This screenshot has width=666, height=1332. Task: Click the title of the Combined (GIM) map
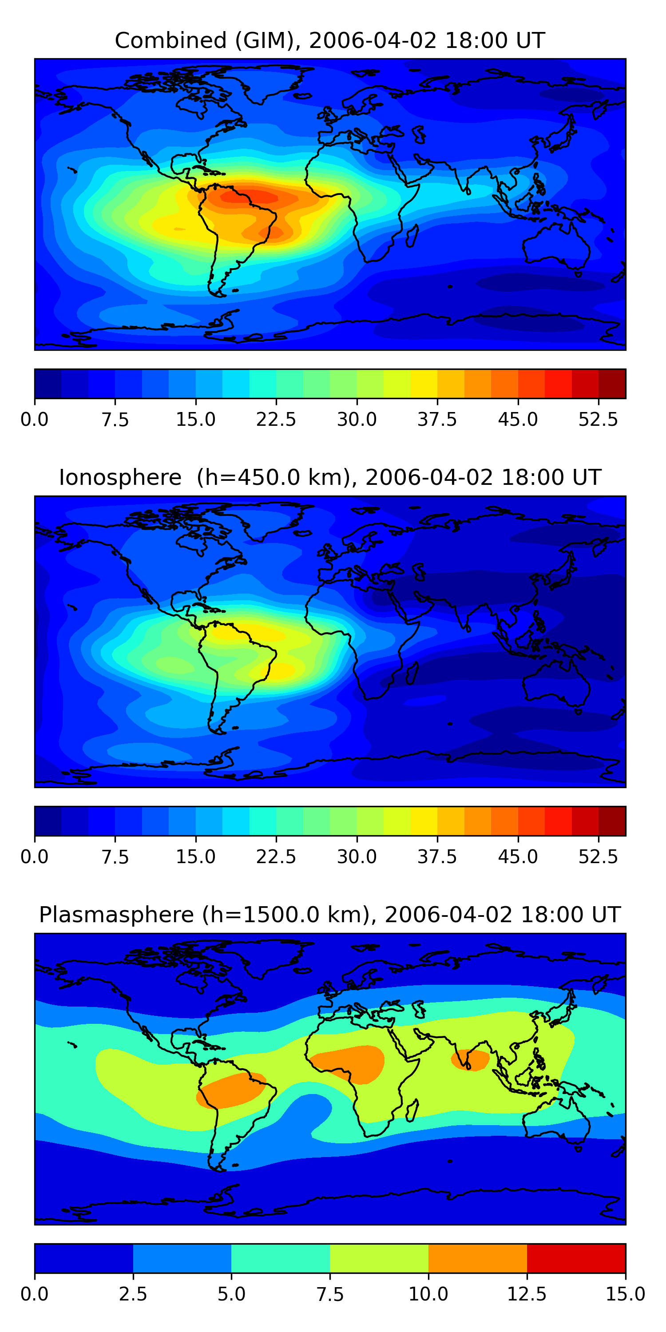330,40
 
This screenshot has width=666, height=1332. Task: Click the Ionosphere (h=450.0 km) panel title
330,477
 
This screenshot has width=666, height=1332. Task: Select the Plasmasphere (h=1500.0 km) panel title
330,914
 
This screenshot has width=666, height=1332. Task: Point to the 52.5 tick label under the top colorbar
598,419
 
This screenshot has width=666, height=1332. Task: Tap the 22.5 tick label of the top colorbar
276,419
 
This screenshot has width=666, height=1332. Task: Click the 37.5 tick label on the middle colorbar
437,856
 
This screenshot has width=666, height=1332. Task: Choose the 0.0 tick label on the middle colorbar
35,856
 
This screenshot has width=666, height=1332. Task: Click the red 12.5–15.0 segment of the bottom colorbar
576,1258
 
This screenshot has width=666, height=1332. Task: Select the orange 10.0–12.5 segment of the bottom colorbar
477,1258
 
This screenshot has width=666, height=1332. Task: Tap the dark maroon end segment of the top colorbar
612,384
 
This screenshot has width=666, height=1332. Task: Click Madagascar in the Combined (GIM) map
412,235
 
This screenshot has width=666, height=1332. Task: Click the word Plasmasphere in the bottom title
116,914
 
